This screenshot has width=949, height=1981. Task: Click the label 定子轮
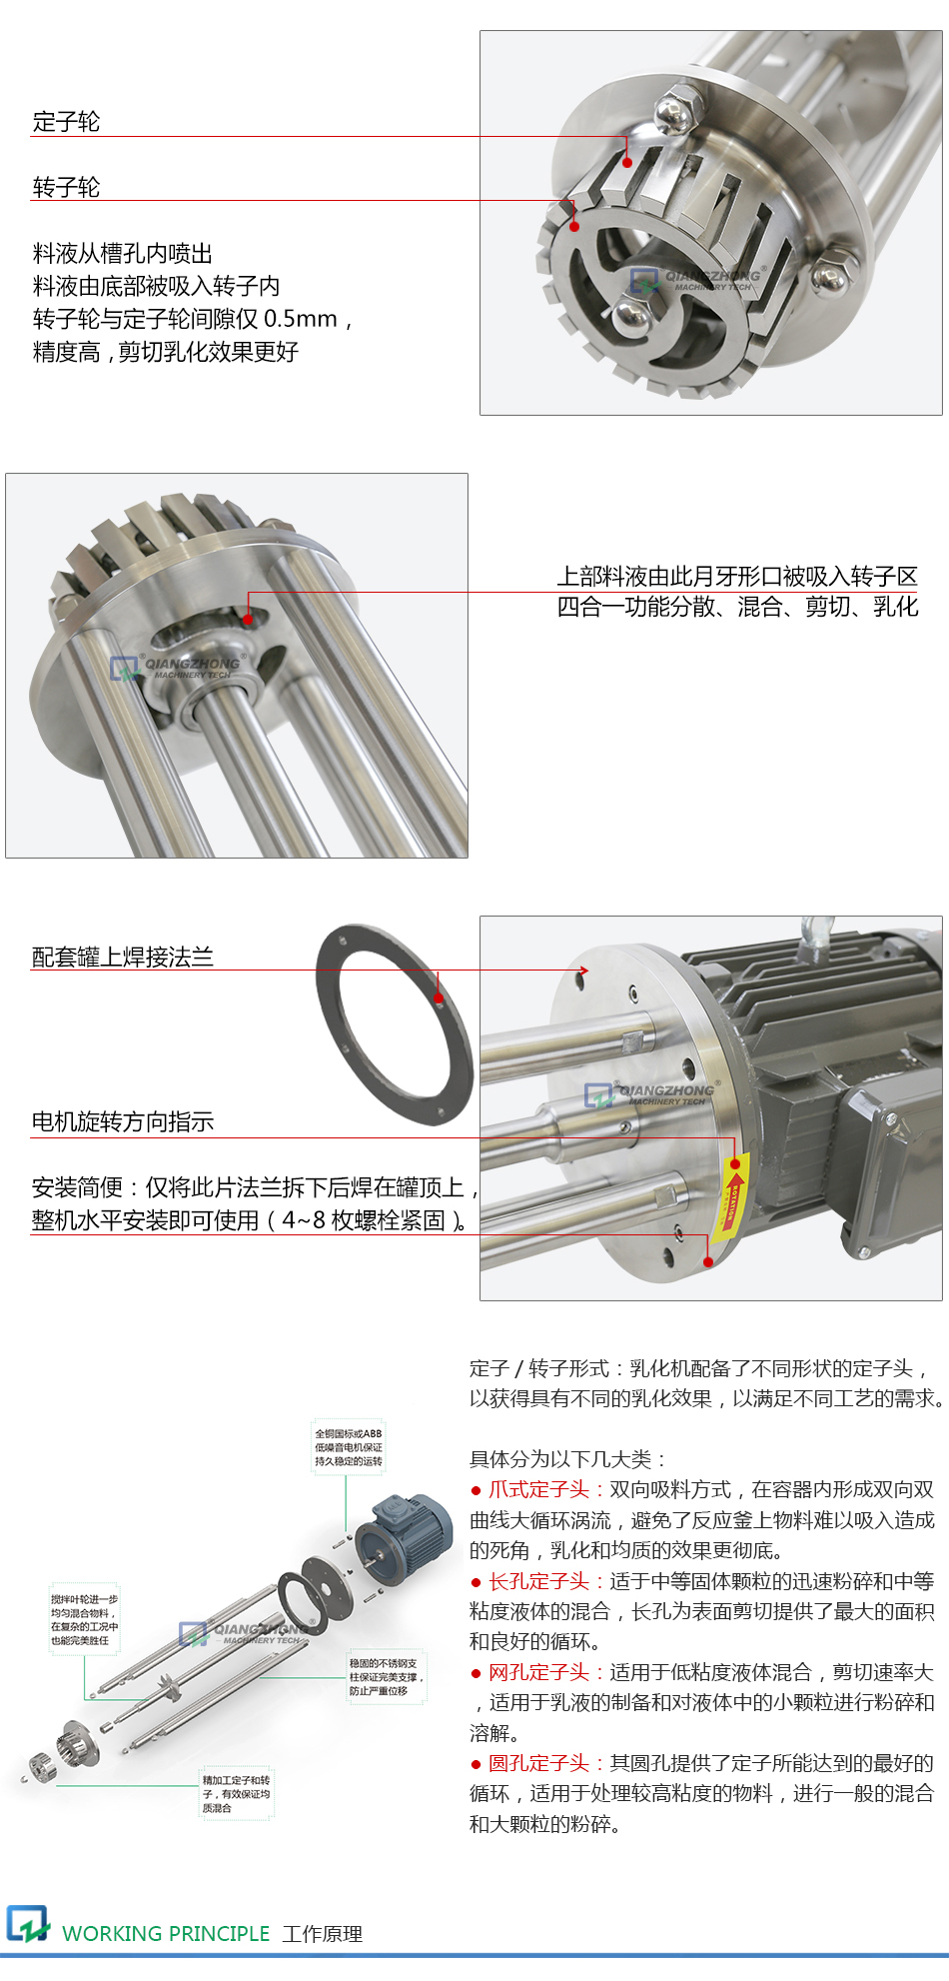coord(66,122)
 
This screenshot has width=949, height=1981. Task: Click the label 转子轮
coord(66,187)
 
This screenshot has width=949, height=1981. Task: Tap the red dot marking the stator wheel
coord(627,162)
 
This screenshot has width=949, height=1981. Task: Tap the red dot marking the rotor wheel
coord(574,226)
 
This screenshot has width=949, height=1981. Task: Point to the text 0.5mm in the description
coord(301,319)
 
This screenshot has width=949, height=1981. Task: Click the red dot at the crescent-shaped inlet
coord(249,620)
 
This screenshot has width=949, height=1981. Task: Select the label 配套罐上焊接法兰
coord(122,957)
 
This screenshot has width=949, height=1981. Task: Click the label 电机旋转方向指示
coord(122,1121)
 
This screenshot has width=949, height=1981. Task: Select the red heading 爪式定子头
coord(538,1489)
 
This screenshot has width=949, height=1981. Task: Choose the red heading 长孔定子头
coord(538,1581)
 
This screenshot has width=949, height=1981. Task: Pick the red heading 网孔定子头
coord(538,1672)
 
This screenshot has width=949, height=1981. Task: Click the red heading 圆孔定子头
coord(538,1763)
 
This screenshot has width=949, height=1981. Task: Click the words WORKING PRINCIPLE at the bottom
coord(166,1933)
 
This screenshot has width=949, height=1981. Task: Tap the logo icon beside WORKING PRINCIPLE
coord(27,1924)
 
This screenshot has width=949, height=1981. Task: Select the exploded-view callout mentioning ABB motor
coord(348,1447)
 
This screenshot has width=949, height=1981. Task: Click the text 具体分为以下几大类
coord(566,1459)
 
